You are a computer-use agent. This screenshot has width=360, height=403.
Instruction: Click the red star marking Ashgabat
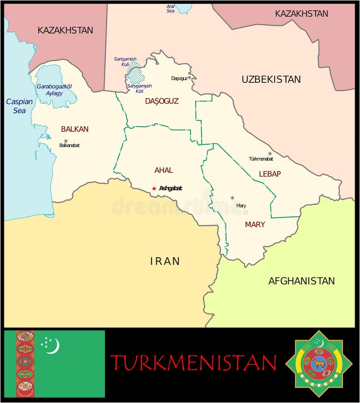pos(154,188)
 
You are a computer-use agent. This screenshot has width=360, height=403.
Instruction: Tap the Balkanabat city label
pos(69,145)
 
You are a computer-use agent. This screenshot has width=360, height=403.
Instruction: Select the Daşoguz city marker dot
pos(189,77)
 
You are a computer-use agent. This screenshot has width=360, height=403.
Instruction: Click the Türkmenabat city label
pos(261,159)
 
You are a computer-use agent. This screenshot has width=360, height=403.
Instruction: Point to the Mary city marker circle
pos(233,197)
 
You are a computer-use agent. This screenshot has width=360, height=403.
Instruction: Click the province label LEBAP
pos(270,174)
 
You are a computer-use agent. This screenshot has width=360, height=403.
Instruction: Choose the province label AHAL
pos(163,170)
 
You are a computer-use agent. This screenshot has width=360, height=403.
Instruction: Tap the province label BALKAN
pos(75,129)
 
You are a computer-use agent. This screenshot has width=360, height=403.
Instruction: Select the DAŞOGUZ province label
pos(162,101)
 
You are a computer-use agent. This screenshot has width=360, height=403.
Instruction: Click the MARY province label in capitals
pos(255,224)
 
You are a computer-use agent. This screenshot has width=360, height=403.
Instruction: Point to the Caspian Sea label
pos(19,106)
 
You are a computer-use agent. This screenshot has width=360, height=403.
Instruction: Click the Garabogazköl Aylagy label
pos(54,90)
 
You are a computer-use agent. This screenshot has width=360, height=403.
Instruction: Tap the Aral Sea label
pos(171,8)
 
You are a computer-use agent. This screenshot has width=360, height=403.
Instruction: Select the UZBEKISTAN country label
pos(271,79)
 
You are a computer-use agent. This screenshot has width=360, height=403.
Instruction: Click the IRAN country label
pos(165,261)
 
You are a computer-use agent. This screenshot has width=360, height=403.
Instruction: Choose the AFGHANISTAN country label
pos(301,281)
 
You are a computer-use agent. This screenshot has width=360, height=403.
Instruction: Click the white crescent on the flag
pos(54,345)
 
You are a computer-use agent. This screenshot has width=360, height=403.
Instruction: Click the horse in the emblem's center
pos(319,363)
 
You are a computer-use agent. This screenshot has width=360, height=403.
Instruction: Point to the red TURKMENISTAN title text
pos(193,363)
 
